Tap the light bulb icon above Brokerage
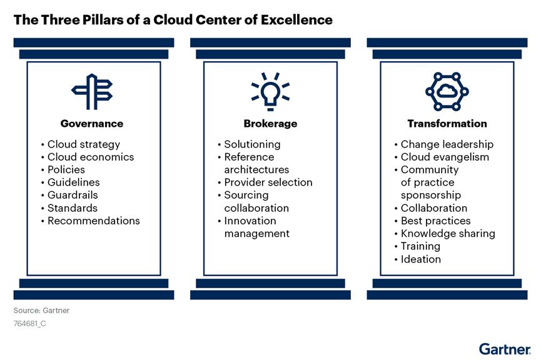(270, 89)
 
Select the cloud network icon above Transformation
(447, 91)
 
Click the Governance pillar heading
(92, 124)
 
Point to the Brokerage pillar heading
(270, 124)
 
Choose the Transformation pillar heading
(447, 124)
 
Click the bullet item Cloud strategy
(83, 144)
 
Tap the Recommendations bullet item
(93, 221)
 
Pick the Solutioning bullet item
(252, 144)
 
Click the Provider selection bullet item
(268, 182)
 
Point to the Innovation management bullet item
(256, 227)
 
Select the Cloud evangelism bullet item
(445, 157)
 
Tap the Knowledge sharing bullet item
(447, 233)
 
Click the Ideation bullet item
(420, 259)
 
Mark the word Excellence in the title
(294, 19)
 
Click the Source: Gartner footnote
(41, 311)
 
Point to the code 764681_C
(30, 324)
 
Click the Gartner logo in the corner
(505, 349)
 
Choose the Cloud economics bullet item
(90, 157)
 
